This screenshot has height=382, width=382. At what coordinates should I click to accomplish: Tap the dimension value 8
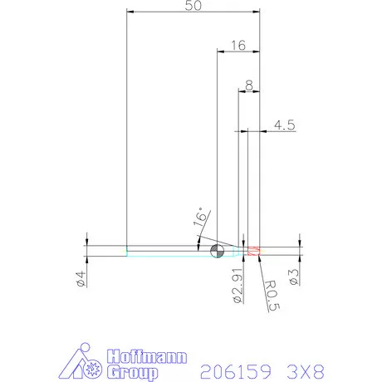(249, 84)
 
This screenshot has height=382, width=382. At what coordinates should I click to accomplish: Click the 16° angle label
(198, 219)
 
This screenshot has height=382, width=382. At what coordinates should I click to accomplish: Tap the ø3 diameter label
(295, 277)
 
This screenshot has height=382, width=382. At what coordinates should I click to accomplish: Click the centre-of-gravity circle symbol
(218, 252)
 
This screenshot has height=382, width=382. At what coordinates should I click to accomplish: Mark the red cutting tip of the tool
(254, 251)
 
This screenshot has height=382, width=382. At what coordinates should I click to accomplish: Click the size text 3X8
(296, 368)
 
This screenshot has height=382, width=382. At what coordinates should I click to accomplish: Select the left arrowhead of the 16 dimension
(220, 51)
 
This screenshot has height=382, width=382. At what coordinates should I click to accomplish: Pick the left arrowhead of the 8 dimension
(242, 91)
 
